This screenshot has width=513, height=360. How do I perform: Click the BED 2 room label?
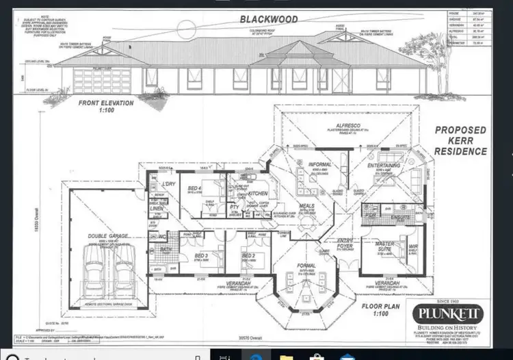[248, 255]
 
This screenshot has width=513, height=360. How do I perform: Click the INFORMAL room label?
[319, 164]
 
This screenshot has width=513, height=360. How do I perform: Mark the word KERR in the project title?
[460, 142]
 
